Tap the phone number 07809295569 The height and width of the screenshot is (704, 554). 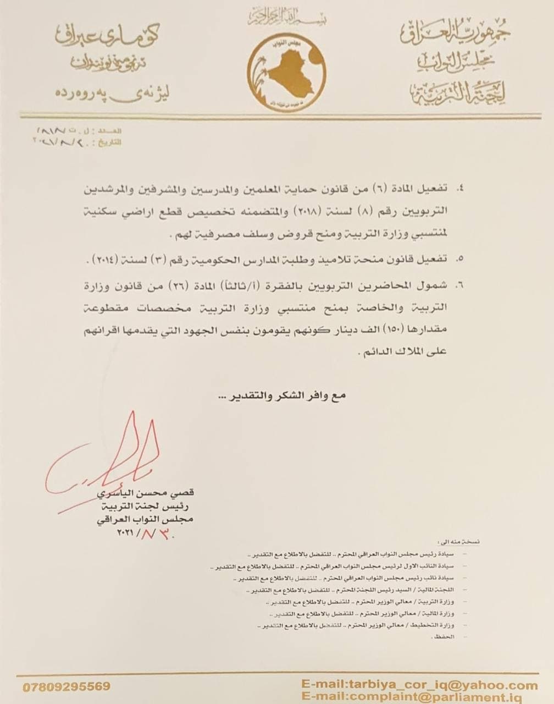[67, 686]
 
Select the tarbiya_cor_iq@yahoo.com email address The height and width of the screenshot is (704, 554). [419, 685]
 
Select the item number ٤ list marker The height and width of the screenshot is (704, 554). [461, 189]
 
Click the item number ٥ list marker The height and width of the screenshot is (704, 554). [461, 257]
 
